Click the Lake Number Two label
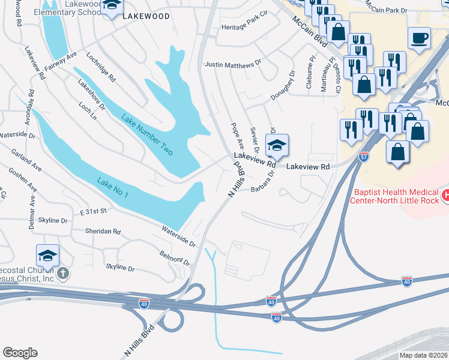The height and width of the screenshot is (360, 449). click(x=147, y=135)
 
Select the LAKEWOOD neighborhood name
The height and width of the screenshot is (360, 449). click(x=146, y=17)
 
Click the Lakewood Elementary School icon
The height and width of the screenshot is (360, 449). click(x=110, y=7)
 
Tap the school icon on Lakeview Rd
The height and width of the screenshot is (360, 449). click(x=276, y=145)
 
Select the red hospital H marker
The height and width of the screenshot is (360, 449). click(x=445, y=195)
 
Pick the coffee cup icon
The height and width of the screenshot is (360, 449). click(x=420, y=38)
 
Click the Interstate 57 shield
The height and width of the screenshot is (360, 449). click(x=364, y=157)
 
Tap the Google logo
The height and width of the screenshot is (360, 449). click(x=20, y=352)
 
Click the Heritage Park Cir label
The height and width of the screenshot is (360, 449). click(x=244, y=28)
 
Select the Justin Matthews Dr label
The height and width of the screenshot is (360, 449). click(x=234, y=63)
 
